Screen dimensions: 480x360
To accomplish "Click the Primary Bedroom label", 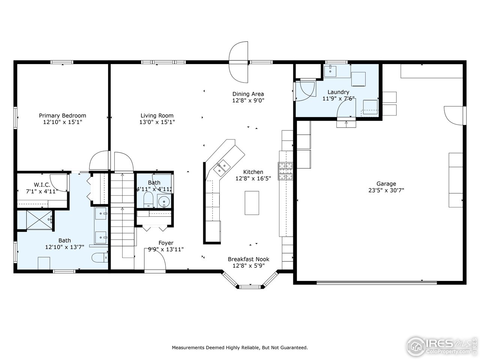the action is pyautogui.click(x=62, y=115).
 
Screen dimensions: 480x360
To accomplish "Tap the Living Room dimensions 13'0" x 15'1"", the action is pyautogui.click(x=157, y=122).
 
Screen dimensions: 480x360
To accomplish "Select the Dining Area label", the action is pyautogui.click(x=248, y=94).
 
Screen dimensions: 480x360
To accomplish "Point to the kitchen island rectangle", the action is pyautogui.click(x=252, y=203).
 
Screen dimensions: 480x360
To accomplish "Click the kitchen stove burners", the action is pyautogui.click(x=285, y=171).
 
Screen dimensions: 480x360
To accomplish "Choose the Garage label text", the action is pyautogui.click(x=386, y=184).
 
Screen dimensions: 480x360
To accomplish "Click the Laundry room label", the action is pyautogui.click(x=338, y=92).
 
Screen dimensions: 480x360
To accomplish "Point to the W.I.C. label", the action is pyautogui.click(x=42, y=185).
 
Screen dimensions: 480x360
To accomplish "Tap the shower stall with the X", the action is pyautogui.click(x=39, y=220).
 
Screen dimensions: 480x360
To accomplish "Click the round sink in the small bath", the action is pyautogui.click(x=164, y=201).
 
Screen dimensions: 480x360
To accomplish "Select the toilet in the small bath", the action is pyautogui.click(x=148, y=200).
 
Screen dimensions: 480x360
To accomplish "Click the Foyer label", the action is pyautogui.click(x=166, y=243).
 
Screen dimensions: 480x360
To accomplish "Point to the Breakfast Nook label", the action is pyautogui.click(x=248, y=259).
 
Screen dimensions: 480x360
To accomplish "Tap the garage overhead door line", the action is pyautogui.click(x=376, y=283).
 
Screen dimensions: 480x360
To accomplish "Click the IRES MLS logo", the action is pyautogui.click(x=442, y=347).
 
